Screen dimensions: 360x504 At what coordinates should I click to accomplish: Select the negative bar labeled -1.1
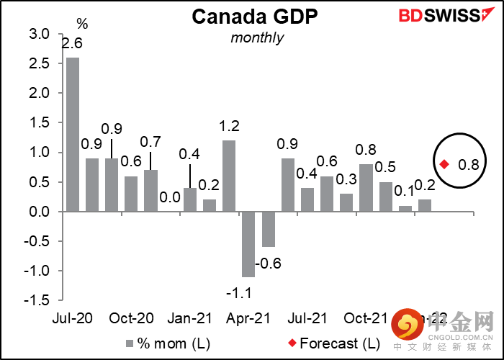248,244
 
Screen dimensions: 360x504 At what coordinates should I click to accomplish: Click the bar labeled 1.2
229,176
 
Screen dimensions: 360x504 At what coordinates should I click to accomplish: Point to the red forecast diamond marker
444,164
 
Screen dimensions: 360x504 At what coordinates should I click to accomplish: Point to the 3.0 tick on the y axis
40,34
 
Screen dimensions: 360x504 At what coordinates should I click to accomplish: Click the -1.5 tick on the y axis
37,301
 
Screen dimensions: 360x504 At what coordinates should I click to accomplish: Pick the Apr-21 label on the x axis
248,318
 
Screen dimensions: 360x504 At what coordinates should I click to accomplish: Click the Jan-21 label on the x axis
189,318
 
